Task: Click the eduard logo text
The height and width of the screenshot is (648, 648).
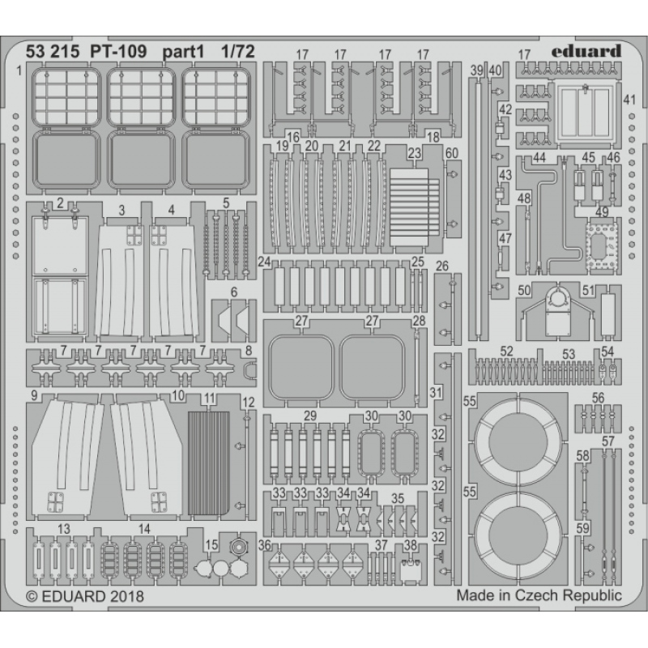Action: click(x=586, y=51)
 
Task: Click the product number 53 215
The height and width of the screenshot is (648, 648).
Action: click(x=52, y=52)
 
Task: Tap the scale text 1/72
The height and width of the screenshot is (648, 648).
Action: click(x=237, y=52)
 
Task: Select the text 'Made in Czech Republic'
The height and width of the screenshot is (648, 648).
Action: click(x=539, y=595)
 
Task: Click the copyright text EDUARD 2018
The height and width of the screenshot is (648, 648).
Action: click(x=85, y=596)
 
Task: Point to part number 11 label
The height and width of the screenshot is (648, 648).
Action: click(x=210, y=399)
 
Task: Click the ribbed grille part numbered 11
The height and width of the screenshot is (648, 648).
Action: click(x=209, y=463)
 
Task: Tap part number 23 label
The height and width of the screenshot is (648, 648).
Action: click(x=414, y=153)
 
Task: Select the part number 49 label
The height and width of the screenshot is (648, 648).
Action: click(x=602, y=212)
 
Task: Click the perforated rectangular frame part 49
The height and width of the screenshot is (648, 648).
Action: click(x=601, y=247)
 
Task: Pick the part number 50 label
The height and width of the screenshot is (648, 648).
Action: click(x=524, y=290)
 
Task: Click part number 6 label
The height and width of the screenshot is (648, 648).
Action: click(x=234, y=292)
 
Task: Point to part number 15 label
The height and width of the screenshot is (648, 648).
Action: click(x=211, y=544)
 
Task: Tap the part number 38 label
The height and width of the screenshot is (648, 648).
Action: click(x=410, y=545)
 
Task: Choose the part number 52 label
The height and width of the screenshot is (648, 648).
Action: click(x=506, y=352)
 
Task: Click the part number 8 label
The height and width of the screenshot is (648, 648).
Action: click(x=249, y=351)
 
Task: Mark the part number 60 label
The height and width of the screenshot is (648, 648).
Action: click(x=452, y=153)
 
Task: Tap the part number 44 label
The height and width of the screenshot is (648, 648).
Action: click(x=539, y=157)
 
